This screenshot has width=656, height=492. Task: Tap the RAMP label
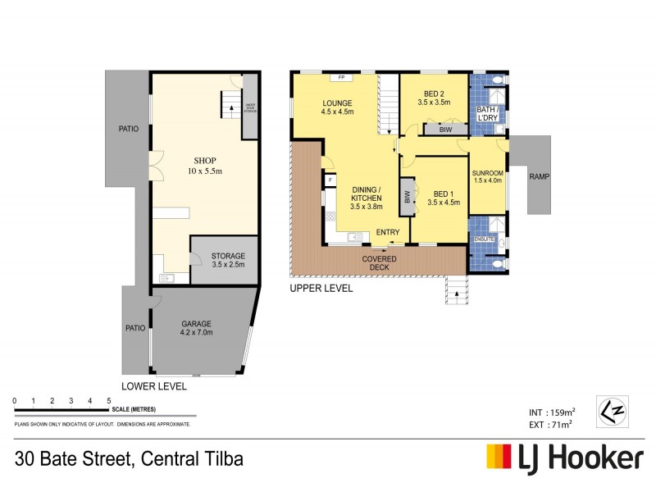point(539,176)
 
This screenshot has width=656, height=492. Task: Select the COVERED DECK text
point(380,263)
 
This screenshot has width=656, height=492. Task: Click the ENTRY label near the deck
point(388,233)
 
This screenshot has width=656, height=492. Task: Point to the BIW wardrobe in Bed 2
point(446,129)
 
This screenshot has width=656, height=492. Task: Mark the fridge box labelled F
point(330,180)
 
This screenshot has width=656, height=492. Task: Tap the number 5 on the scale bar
point(109,400)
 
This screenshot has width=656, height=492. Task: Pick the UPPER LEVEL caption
point(321,289)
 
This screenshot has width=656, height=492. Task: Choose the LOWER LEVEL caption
point(154,385)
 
